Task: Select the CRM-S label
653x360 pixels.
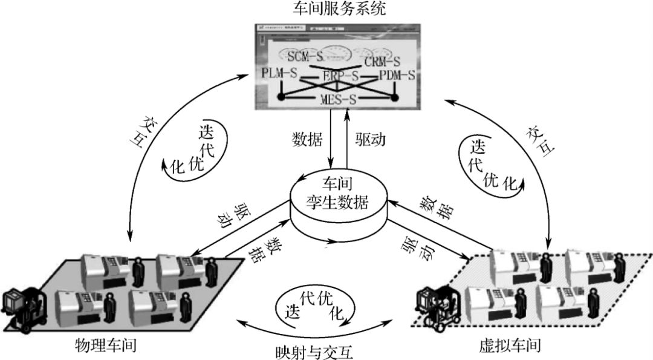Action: pyautogui.click(x=382, y=61)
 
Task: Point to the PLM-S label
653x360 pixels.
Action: pyautogui.click(x=280, y=74)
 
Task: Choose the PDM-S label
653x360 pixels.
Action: pyautogui.click(x=396, y=76)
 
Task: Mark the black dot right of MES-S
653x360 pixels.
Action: pyautogui.click(x=394, y=97)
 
